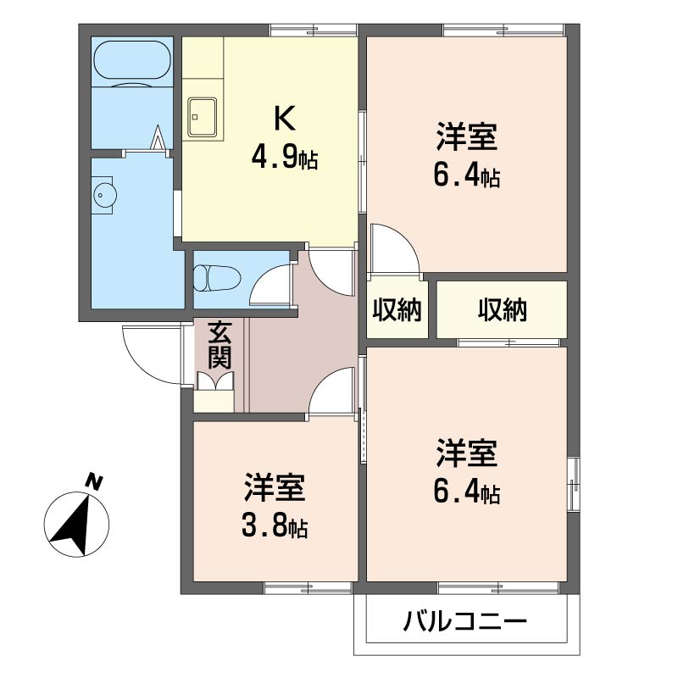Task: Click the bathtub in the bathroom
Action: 131,61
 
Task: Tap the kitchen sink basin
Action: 202,117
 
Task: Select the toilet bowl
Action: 216,278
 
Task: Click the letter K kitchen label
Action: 285,119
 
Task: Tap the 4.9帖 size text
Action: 285,158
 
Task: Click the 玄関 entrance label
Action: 220,345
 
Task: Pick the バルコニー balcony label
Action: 464,622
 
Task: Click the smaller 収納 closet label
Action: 397,309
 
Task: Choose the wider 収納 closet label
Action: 503,309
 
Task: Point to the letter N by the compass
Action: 93,481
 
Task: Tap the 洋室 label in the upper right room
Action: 467,137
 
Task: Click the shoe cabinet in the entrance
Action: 214,401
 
